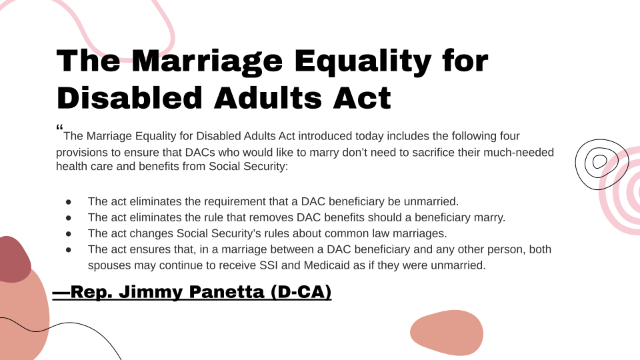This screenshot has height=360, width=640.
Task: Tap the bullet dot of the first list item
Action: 69,201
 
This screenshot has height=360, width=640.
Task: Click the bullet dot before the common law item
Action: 69,233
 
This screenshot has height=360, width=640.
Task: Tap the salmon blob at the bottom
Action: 446,332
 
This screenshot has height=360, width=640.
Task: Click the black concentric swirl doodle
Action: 599,162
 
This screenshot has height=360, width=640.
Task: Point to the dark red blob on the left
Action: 13,260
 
